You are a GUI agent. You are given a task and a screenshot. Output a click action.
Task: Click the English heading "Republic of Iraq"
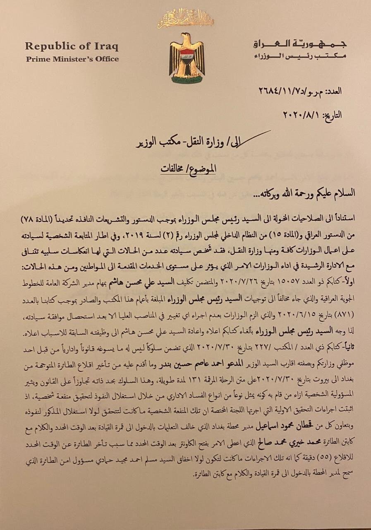pos(71,46)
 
